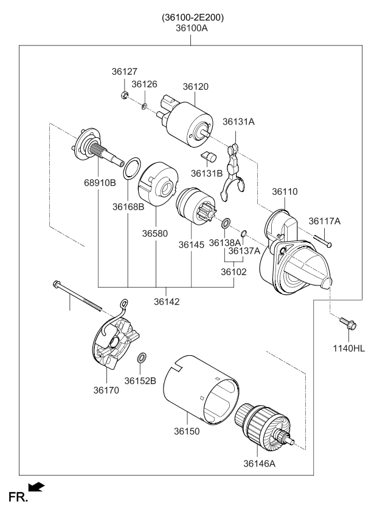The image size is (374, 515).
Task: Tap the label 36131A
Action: [238, 122]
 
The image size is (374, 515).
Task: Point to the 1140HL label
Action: [348, 348]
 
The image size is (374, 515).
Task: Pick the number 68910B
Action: [100, 183]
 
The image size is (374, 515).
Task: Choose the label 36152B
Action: [140, 381]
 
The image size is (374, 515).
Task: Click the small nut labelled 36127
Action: [123, 94]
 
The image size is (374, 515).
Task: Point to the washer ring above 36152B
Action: [141, 357]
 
